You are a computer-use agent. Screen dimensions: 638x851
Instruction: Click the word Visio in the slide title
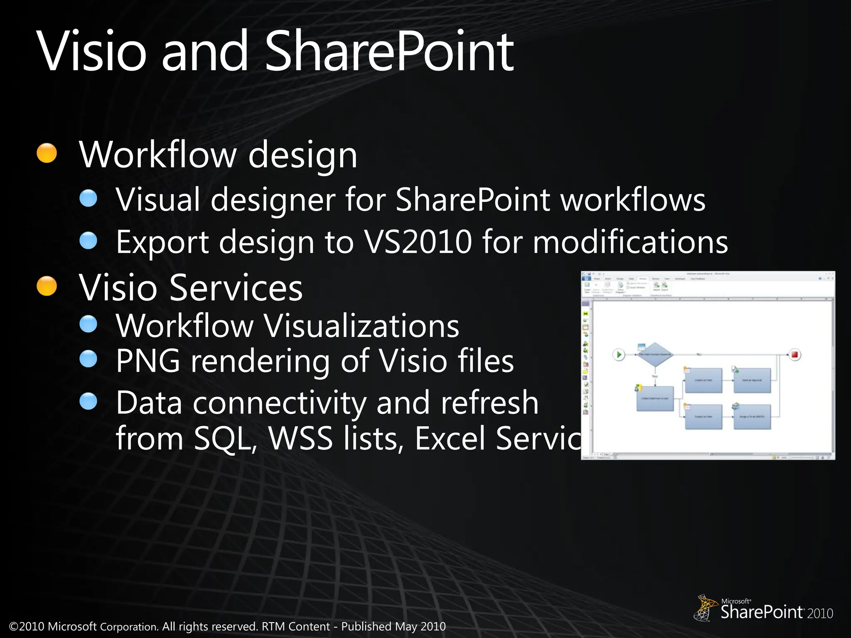click(92, 52)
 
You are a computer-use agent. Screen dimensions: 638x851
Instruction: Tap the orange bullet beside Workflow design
click(47, 153)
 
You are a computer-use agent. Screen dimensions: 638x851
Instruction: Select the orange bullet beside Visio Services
click(47, 286)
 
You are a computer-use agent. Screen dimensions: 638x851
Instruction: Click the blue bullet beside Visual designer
click(88, 198)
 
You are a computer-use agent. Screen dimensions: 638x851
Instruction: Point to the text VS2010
click(418, 241)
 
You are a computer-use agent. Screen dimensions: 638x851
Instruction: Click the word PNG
click(148, 361)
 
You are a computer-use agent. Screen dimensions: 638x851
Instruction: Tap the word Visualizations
click(362, 326)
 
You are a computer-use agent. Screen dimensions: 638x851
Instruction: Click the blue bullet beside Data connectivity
click(88, 401)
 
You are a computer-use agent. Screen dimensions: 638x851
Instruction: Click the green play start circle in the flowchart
click(619, 355)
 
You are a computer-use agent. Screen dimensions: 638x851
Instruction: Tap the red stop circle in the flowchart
click(795, 355)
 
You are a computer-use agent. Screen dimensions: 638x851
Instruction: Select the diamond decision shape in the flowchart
click(655, 354)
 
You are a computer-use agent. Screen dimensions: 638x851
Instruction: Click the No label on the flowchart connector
click(699, 354)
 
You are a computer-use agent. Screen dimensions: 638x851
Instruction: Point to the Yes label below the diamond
click(655, 376)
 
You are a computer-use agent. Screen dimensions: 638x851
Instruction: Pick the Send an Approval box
click(752, 380)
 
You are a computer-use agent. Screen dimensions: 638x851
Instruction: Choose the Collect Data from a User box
click(655, 398)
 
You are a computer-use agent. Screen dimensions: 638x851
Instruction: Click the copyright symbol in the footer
click(14, 626)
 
